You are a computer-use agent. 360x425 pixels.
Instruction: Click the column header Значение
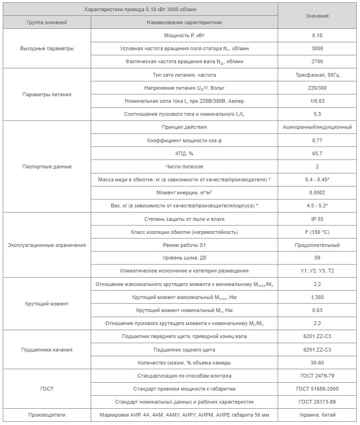pos(317,16)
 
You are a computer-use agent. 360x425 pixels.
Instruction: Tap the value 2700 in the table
pos(317,61)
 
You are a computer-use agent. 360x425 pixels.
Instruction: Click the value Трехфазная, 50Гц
pos(317,75)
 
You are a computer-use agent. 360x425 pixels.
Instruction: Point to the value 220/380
pos(317,88)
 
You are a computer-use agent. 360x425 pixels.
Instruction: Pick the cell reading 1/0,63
pos(317,101)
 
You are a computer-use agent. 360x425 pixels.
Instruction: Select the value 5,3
pos(317,114)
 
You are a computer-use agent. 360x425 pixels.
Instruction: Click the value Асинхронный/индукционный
pos(317,127)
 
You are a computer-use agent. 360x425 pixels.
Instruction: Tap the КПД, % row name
pos(184,153)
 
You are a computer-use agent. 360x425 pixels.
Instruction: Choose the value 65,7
pos(317,153)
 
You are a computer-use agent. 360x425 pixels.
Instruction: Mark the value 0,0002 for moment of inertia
pos(317,193)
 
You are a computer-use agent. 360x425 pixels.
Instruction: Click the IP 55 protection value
pos(317,219)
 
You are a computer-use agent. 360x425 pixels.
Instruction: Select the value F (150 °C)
pos(317,232)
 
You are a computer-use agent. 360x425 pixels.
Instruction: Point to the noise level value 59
pos(317,258)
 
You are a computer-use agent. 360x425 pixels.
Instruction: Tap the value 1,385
pos(317,297)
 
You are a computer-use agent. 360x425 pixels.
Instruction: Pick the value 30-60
pos(317,363)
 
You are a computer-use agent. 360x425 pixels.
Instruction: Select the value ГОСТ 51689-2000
pos(317,389)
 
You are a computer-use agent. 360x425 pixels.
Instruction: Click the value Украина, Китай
pos(317,415)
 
